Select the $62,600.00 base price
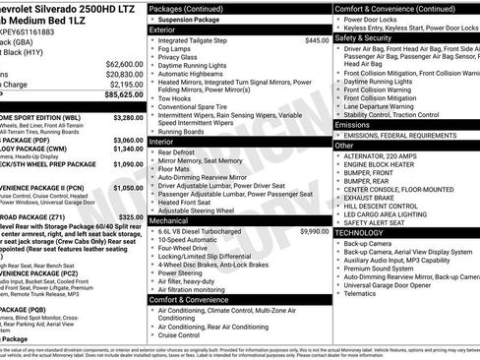coord(118,62)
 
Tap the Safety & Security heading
coord(366,37)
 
